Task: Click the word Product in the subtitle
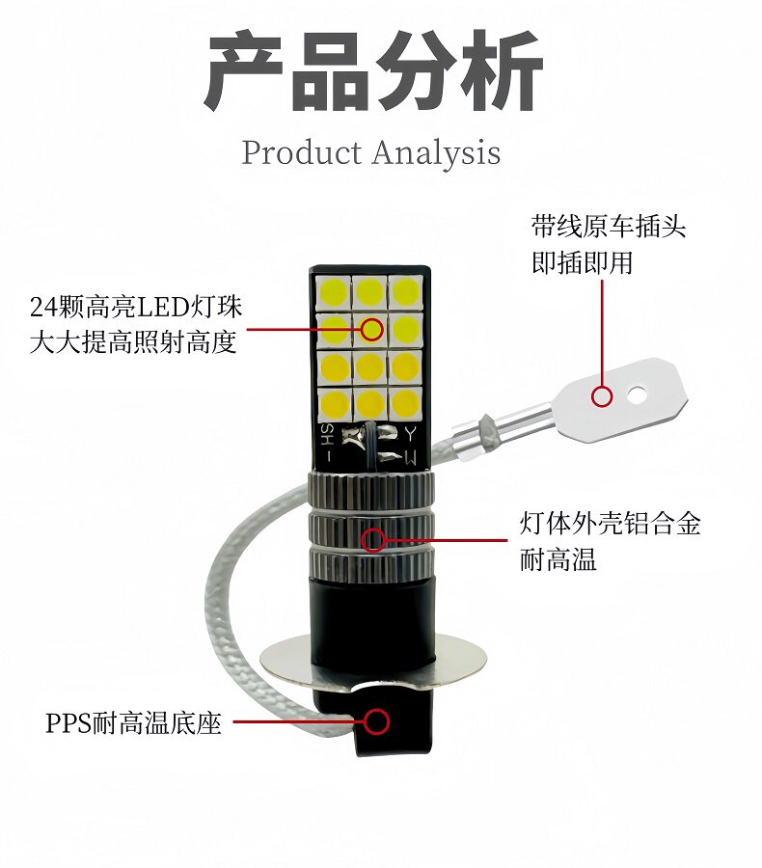click(301, 152)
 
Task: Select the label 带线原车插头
click(609, 228)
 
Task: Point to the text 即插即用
click(583, 262)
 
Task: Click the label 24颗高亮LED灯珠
click(136, 308)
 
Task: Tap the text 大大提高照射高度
click(133, 342)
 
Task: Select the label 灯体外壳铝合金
click(610, 524)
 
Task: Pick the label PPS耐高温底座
click(133, 722)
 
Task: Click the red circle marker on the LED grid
click(372, 330)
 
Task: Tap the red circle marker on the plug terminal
click(603, 394)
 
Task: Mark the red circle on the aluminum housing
click(372, 537)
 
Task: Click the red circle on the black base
click(376, 720)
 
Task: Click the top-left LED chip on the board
click(334, 290)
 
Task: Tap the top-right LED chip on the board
click(404, 290)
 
